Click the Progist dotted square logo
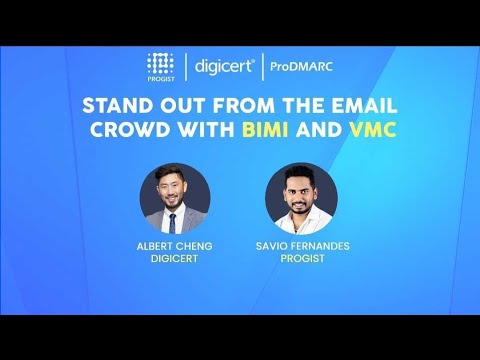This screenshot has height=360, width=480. tap(161, 63)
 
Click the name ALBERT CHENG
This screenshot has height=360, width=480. tap(174, 243)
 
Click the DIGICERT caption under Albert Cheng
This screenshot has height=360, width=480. tap(174, 256)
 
